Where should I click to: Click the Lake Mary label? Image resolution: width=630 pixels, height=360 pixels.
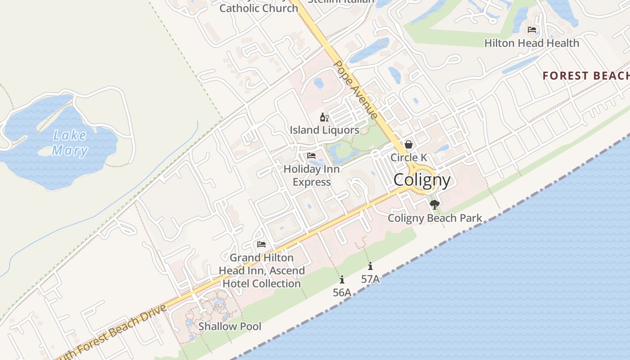tap(69, 142)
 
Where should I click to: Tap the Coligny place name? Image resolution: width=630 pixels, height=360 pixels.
tap(422, 180)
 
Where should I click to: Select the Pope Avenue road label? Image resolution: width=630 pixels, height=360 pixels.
tap(355, 90)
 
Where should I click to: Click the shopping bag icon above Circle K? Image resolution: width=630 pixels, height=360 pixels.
tap(409, 144)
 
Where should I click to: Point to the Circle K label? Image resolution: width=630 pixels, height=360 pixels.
tap(409, 157)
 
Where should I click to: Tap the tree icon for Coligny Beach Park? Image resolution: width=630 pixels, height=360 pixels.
tap(434, 205)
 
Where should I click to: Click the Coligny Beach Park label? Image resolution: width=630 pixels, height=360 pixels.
tap(435, 218)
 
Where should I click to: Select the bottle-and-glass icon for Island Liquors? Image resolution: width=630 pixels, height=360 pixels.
tap(324, 117)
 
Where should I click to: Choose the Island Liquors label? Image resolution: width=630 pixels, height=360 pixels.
tap(324, 130)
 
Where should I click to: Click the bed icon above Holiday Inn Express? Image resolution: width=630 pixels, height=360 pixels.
tap(311, 156)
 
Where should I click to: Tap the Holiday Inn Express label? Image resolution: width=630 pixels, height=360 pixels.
tap(311, 175)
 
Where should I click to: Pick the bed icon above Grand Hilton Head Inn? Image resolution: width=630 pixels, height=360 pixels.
tap(261, 244)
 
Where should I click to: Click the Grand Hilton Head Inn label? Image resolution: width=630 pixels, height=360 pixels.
tap(261, 270)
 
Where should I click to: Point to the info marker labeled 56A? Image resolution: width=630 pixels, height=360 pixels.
tap(342, 279)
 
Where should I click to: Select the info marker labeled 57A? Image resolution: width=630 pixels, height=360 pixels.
tap(370, 266)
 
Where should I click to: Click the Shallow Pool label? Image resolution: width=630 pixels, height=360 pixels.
tap(229, 326)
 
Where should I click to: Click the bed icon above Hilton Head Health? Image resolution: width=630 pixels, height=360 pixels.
tap(532, 30)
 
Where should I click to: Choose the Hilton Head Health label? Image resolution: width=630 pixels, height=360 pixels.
tap(531, 43)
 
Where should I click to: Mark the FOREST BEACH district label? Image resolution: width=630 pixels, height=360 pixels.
tap(585, 76)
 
